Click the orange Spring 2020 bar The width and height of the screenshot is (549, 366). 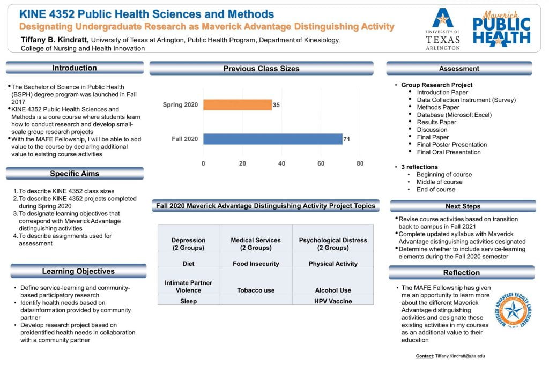(238, 104)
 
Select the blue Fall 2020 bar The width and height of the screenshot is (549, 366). (273, 139)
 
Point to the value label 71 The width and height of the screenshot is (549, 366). (347, 139)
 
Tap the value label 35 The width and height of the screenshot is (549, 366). (276, 105)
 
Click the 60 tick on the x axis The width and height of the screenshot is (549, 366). (321, 163)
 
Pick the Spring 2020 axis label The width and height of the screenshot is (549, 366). (180, 104)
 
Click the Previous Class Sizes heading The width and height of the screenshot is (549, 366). (261, 69)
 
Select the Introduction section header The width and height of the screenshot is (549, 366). (75, 68)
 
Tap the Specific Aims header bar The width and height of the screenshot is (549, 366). (75, 174)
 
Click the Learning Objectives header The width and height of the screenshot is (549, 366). (78, 271)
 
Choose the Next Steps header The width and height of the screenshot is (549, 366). (463, 206)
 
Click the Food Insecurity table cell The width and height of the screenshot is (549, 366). (256, 264)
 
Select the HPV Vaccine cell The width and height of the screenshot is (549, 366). (333, 301)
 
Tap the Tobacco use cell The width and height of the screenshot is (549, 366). (256, 290)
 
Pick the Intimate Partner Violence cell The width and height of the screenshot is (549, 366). (188, 287)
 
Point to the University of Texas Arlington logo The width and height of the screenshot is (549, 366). (442, 29)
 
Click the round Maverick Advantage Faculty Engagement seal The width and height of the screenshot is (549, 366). (513, 311)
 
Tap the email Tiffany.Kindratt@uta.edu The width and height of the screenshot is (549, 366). (459, 356)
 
